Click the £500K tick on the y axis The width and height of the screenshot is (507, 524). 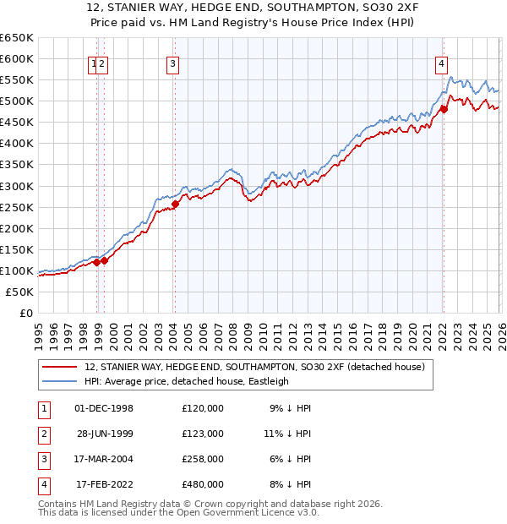pyautogui.click(x=17, y=101)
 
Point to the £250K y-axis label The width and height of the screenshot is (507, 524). pyautogui.click(x=17, y=207)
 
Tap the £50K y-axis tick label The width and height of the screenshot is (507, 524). pyautogui.click(x=20, y=292)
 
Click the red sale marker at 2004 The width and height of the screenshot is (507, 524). pyautogui.click(x=176, y=204)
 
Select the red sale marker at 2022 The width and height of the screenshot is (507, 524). pyautogui.click(x=444, y=108)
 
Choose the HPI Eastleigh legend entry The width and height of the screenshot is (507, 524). pyautogui.click(x=187, y=381)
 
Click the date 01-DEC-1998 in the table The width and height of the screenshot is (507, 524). pyautogui.click(x=104, y=408)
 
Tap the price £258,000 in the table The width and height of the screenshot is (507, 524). pyautogui.click(x=203, y=459)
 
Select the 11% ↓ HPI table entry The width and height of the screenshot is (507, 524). pyautogui.click(x=287, y=434)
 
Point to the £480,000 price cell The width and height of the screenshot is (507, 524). pyautogui.click(x=203, y=484)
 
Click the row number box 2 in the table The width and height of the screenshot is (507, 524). pyautogui.click(x=42, y=434)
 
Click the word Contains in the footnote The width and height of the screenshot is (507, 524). pyautogui.click(x=59, y=504)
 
